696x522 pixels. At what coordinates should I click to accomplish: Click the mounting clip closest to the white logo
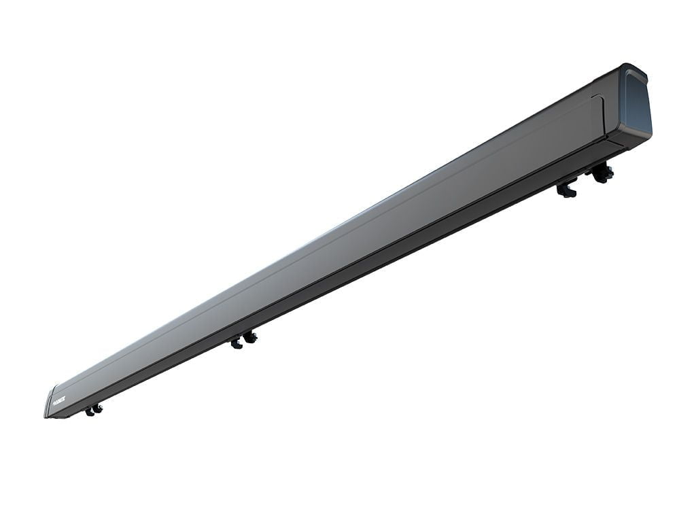coord(89,411)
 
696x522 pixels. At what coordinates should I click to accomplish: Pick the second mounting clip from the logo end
coord(98,408)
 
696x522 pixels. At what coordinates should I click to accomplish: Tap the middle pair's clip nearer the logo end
coord(237,343)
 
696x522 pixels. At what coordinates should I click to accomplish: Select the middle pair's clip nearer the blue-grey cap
coord(251,336)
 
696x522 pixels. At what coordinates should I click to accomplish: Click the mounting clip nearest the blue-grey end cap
coord(602,174)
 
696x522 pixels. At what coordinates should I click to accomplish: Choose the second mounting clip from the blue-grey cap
coord(566,190)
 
